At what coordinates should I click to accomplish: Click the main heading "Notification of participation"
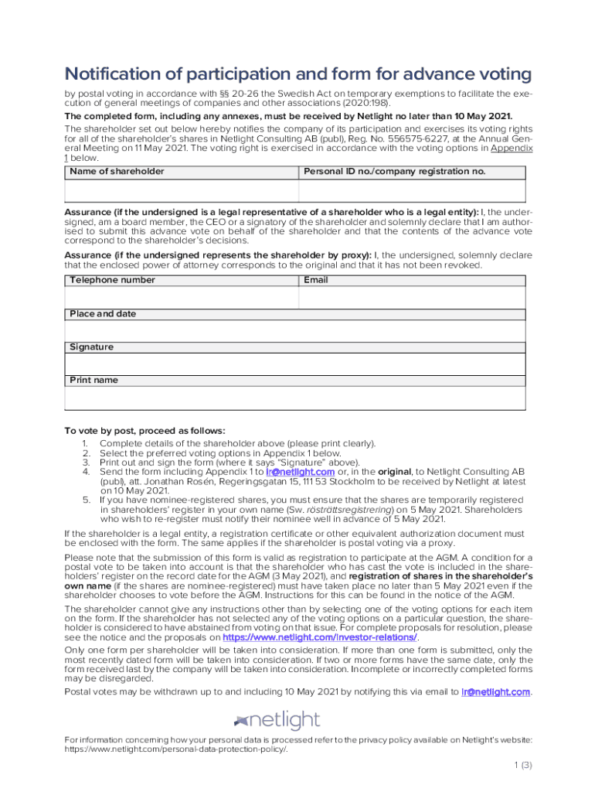297,74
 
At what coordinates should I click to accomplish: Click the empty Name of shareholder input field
181,190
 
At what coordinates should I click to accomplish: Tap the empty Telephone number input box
181,298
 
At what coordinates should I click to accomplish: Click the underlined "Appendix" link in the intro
512,148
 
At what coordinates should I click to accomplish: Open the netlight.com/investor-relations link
320,637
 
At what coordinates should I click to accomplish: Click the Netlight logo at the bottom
277,721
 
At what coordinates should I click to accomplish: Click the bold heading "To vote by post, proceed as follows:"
144,431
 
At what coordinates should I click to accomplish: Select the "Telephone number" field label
112,280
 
